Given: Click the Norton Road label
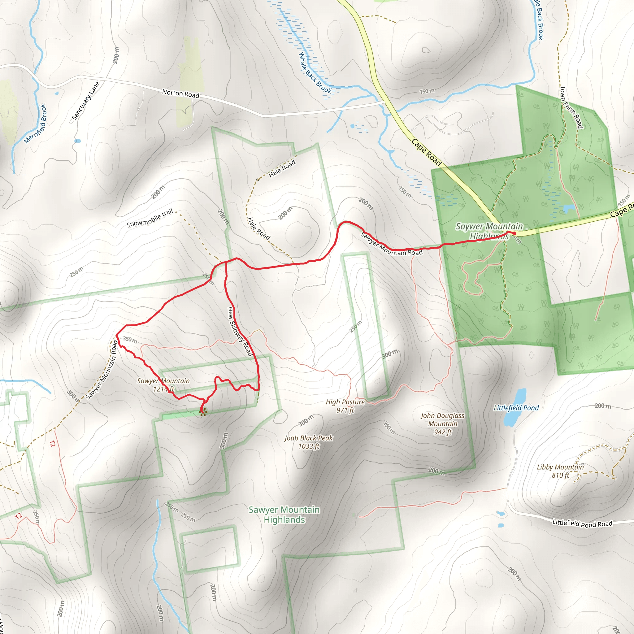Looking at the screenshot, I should pyautogui.click(x=180, y=94).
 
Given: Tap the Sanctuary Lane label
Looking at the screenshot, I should pyautogui.click(x=85, y=101).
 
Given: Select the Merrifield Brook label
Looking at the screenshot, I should pyautogui.click(x=35, y=124).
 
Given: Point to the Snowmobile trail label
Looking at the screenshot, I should pyautogui.click(x=150, y=218).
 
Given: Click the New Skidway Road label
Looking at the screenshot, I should pyautogui.click(x=240, y=332).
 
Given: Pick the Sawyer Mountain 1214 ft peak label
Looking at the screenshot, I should pyautogui.click(x=163, y=385).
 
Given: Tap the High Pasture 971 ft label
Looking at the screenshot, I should pyautogui.click(x=345, y=406).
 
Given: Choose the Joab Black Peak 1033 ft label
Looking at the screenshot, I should pyautogui.click(x=308, y=442).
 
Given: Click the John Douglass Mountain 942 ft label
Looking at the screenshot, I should pyautogui.click(x=443, y=424).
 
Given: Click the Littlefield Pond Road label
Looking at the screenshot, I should pyautogui.click(x=582, y=523).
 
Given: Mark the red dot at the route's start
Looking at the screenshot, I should pyautogui.click(x=514, y=233).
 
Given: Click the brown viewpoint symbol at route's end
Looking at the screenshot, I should pyautogui.click(x=203, y=412).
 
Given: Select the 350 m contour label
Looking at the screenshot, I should pyautogui.click(x=130, y=340).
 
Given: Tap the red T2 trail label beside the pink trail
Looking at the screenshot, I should pyautogui.click(x=53, y=444).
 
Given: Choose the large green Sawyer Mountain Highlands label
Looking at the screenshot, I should pyautogui.click(x=284, y=515).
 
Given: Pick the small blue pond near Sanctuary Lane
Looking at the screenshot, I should pyautogui.click(x=78, y=141).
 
